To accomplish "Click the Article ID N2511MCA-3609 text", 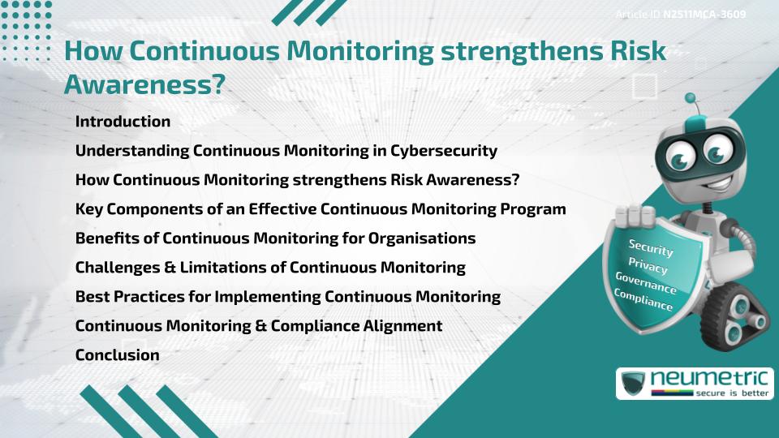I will tap(680, 14).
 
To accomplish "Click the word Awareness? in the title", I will tap(144, 84).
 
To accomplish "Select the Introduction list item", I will tap(123, 122).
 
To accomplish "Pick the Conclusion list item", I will tap(117, 355).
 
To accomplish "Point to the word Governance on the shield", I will tap(646, 283).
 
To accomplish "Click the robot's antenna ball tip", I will tap(691, 98).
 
